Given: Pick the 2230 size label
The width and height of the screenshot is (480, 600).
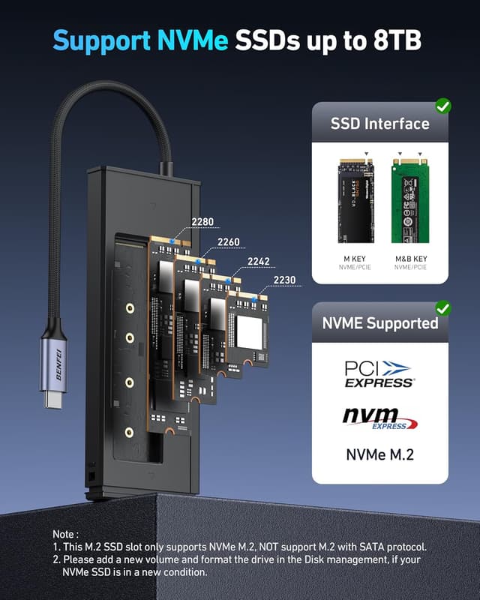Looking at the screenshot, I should point(284,280).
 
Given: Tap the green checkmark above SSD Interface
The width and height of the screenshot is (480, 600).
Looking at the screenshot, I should point(442,106).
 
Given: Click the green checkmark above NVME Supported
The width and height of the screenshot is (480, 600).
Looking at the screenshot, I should point(442,307).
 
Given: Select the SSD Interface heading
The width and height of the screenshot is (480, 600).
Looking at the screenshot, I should point(379,124).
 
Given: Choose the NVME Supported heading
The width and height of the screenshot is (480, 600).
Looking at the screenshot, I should point(379,323).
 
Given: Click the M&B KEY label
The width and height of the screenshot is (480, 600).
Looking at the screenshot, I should point(409,259).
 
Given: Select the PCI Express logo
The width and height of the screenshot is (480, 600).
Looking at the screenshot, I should point(379,374).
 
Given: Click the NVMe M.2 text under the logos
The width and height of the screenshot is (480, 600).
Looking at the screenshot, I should point(379,455).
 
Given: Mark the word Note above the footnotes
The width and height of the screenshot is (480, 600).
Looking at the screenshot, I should point(67,533).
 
